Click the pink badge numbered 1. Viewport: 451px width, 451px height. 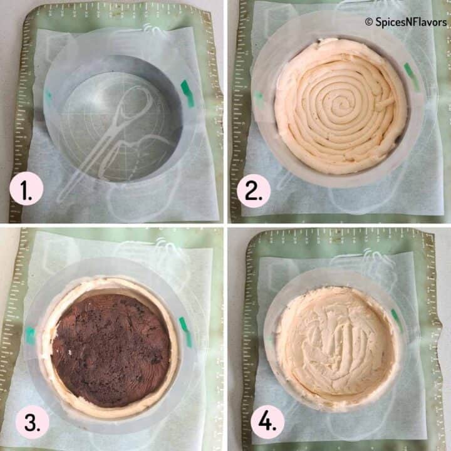pos(26,190)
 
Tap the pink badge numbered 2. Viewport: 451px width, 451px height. pos(254,190)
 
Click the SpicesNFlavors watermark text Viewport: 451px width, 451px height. pos(410,22)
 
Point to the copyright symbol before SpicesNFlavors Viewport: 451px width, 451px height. pos(369,22)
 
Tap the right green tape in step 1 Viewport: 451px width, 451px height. pos(187,93)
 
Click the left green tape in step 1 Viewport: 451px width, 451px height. pos(48,97)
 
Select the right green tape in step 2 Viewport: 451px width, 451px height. pos(412,76)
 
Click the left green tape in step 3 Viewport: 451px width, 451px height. pos(30,336)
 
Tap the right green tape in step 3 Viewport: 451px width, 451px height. pos(185,324)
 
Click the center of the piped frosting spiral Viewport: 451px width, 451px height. pos(341,101)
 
